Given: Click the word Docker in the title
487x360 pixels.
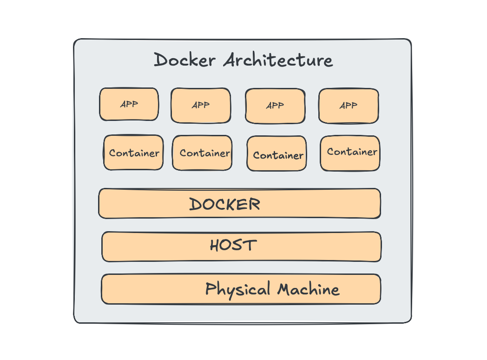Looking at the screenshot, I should (x=184, y=60).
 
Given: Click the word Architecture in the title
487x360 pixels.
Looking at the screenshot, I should (x=278, y=60).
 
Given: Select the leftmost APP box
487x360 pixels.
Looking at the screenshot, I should (x=129, y=104).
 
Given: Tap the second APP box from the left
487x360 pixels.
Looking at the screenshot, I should (x=200, y=106).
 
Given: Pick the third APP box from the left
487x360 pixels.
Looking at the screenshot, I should (x=275, y=106).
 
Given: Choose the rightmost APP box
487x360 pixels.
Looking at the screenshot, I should (x=349, y=106).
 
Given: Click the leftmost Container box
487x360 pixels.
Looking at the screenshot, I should (x=133, y=153).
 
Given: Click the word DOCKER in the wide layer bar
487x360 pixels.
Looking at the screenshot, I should (x=224, y=204).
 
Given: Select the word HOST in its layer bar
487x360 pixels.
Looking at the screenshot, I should (x=233, y=246).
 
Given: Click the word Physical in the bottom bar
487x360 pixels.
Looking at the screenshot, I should (x=237, y=289).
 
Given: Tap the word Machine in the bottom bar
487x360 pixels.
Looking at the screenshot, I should (x=309, y=289).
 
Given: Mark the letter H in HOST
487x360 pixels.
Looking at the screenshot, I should (x=215, y=246).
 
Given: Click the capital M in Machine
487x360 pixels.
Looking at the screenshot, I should (x=285, y=289).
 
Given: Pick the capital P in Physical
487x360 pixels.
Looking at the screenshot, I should (x=211, y=288).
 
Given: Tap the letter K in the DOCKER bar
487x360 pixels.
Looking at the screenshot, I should (x=240, y=204).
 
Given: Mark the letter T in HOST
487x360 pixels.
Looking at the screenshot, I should (x=250, y=245).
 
